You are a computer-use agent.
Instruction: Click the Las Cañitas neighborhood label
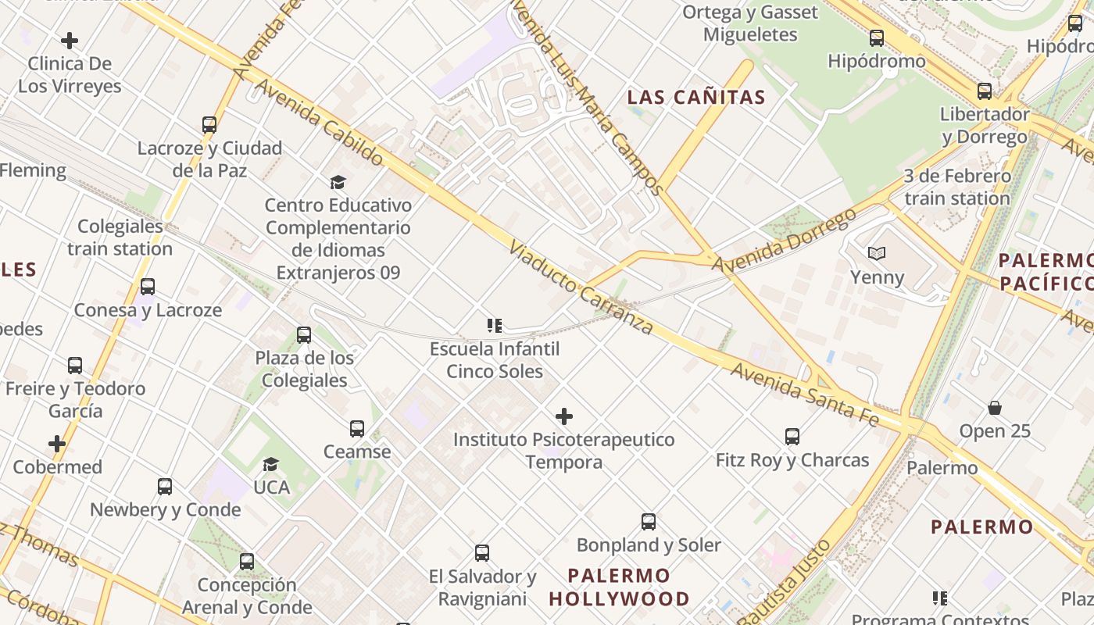(696, 98)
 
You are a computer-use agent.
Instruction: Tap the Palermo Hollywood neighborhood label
(619, 587)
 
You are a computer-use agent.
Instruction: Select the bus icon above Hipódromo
(877, 37)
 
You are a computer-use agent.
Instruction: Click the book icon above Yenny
(877, 254)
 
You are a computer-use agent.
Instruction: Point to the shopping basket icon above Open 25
(995, 408)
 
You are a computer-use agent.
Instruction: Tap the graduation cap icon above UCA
(271, 464)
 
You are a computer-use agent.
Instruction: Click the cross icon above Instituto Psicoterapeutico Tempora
(563, 416)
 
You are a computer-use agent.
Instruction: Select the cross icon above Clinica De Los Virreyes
(70, 40)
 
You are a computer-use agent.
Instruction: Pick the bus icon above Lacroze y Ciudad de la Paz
(209, 125)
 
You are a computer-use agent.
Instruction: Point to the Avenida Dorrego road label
(784, 241)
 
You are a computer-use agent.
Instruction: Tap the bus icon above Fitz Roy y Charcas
(792, 437)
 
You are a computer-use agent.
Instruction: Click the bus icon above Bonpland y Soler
(649, 521)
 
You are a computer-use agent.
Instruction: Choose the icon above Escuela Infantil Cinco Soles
(494, 325)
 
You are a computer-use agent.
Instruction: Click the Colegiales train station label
(120, 237)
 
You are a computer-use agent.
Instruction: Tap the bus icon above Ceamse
(357, 428)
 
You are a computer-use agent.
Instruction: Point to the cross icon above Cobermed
(57, 444)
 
